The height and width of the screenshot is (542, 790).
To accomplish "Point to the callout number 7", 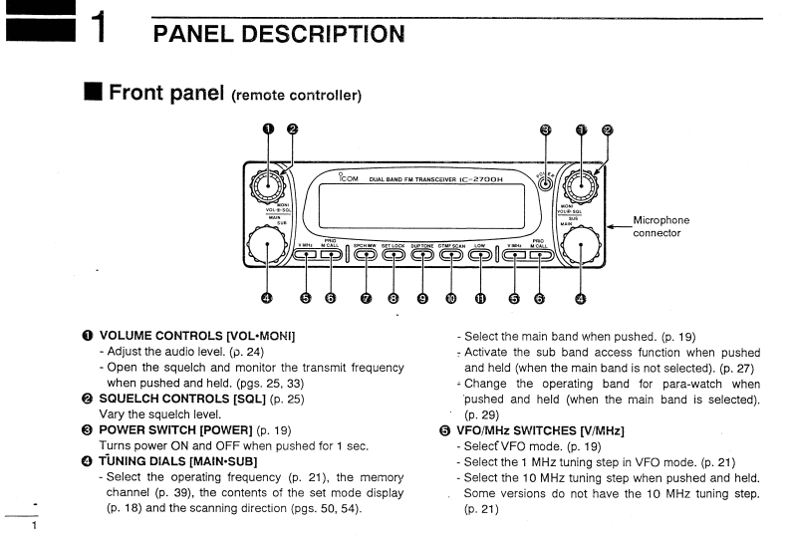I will coord(366,297).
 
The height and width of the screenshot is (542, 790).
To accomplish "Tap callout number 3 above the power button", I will coord(545,130).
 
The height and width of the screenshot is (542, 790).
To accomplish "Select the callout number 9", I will coord(422,297).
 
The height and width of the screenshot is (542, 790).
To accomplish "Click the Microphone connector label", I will coord(660,226).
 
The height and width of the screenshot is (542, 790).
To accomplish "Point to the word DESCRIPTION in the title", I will coord(320,33).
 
